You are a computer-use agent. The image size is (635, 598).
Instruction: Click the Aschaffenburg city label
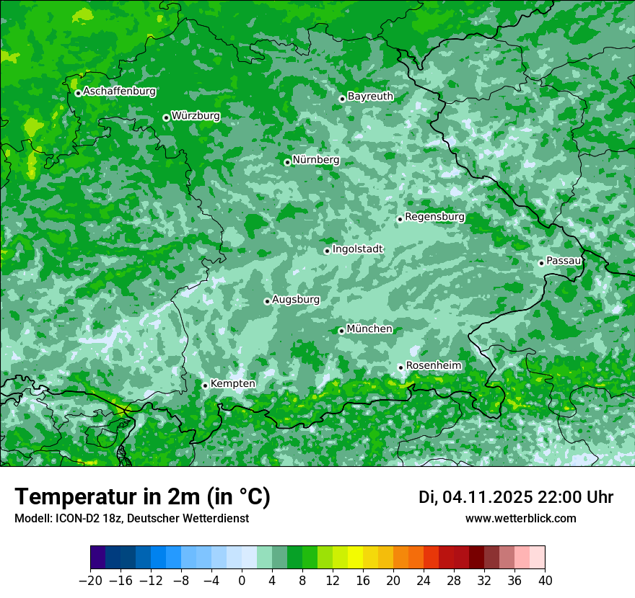click(x=119, y=92)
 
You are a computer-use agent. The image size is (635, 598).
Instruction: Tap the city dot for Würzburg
click(x=166, y=117)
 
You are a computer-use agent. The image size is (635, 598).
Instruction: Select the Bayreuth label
click(x=370, y=96)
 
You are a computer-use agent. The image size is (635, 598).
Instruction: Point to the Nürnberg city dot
click(x=287, y=162)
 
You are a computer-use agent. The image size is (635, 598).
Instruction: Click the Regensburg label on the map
click(x=434, y=216)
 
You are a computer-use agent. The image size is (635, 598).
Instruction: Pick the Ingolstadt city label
click(x=357, y=249)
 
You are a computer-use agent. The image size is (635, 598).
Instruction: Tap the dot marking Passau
click(x=541, y=263)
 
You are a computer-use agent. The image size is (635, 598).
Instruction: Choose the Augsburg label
click(x=296, y=299)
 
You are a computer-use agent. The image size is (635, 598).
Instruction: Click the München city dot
click(x=341, y=331)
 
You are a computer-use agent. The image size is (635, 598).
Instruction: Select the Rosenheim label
click(x=433, y=365)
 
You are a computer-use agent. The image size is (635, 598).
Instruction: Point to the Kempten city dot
click(x=205, y=385)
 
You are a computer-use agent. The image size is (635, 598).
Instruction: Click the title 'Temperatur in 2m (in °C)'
click(x=142, y=496)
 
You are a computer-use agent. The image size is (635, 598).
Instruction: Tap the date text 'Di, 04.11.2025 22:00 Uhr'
click(x=516, y=497)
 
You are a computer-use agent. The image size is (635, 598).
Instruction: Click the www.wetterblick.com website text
click(x=521, y=518)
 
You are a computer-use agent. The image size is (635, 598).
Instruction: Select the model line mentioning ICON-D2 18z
click(x=131, y=518)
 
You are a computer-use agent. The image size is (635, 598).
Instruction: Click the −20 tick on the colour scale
click(x=90, y=580)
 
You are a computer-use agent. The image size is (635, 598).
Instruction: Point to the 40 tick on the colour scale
click(x=545, y=580)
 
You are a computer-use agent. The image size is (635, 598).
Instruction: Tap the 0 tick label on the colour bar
click(x=242, y=580)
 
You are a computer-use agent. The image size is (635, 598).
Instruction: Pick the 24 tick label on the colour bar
click(x=424, y=580)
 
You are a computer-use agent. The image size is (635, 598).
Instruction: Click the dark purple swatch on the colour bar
click(x=97, y=558)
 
